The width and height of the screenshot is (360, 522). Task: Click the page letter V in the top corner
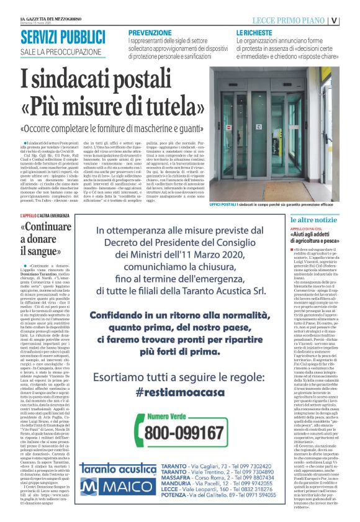352,19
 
